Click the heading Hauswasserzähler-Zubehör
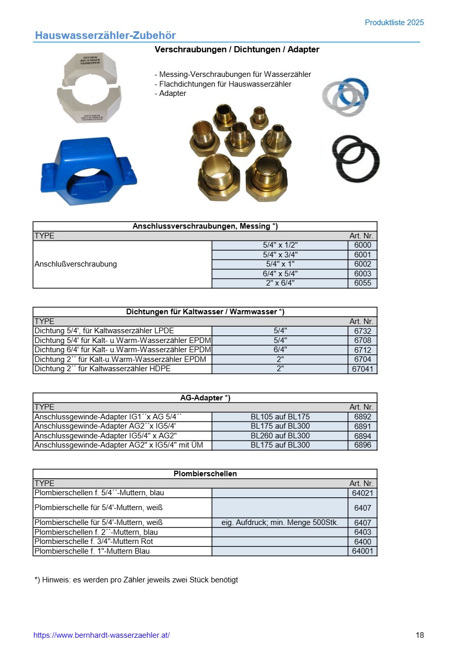pyautogui.click(x=105, y=35)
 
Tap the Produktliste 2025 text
pyautogui.click(x=394, y=23)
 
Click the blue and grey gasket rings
pyautogui.click(x=346, y=96)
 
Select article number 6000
pyautogui.click(x=362, y=245)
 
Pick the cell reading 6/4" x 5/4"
pyautogui.click(x=280, y=274)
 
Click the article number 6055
pyautogui.click(x=362, y=283)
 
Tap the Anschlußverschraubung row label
pyautogui.click(x=76, y=264)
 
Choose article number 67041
pyautogui.click(x=362, y=369)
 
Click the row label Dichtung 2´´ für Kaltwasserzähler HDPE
pyautogui.click(x=102, y=369)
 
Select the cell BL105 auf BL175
pyautogui.click(x=280, y=417)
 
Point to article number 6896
pyautogui.click(x=362, y=445)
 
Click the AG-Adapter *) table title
pyautogui.click(x=205, y=398)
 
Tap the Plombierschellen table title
pyautogui.click(x=205, y=474)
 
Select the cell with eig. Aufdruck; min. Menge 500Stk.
pyautogui.click(x=280, y=522)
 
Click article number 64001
pyautogui.click(x=362, y=551)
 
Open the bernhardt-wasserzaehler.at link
pyautogui.click(x=101, y=635)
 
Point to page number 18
pyautogui.click(x=420, y=635)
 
